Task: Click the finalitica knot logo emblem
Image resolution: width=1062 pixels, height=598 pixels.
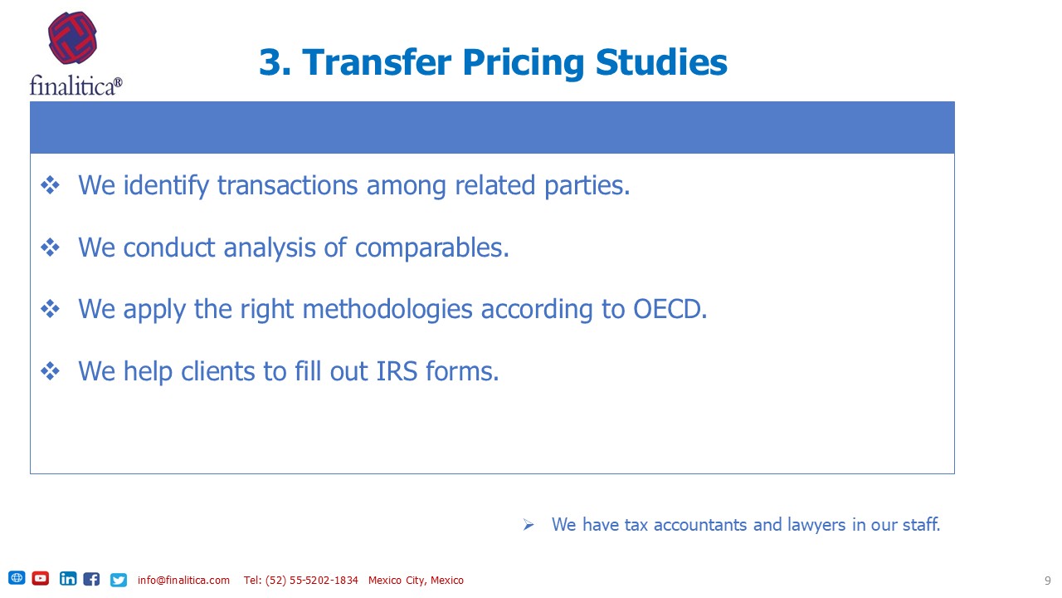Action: click(72, 38)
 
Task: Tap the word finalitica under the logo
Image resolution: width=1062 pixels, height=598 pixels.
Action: click(72, 86)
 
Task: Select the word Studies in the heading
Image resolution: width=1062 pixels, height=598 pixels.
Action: click(661, 62)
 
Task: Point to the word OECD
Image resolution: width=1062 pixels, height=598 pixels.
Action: click(670, 309)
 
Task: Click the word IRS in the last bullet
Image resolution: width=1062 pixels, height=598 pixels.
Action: click(397, 371)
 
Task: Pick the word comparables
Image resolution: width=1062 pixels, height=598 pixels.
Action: click(432, 248)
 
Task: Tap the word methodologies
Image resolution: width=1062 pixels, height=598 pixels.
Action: click(387, 310)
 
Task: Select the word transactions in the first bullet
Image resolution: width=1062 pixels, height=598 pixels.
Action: click(287, 185)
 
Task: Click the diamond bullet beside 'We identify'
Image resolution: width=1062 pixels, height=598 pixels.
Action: click(51, 185)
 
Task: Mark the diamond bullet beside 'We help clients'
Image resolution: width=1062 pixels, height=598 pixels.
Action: click(51, 371)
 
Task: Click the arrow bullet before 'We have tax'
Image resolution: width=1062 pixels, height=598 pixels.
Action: click(529, 525)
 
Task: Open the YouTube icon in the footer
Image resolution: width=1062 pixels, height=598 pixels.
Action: click(41, 578)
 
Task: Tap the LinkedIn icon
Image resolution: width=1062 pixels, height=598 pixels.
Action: click(68, 579)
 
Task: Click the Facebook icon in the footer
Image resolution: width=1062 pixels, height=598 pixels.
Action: click(91, 579)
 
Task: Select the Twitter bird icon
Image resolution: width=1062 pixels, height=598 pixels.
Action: click(119, 580)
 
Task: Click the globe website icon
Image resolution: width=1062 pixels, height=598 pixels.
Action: click(17, 577)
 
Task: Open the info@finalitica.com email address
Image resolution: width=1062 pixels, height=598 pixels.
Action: click(183, 580)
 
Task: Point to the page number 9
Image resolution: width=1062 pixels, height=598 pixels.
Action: click(1047, 581)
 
